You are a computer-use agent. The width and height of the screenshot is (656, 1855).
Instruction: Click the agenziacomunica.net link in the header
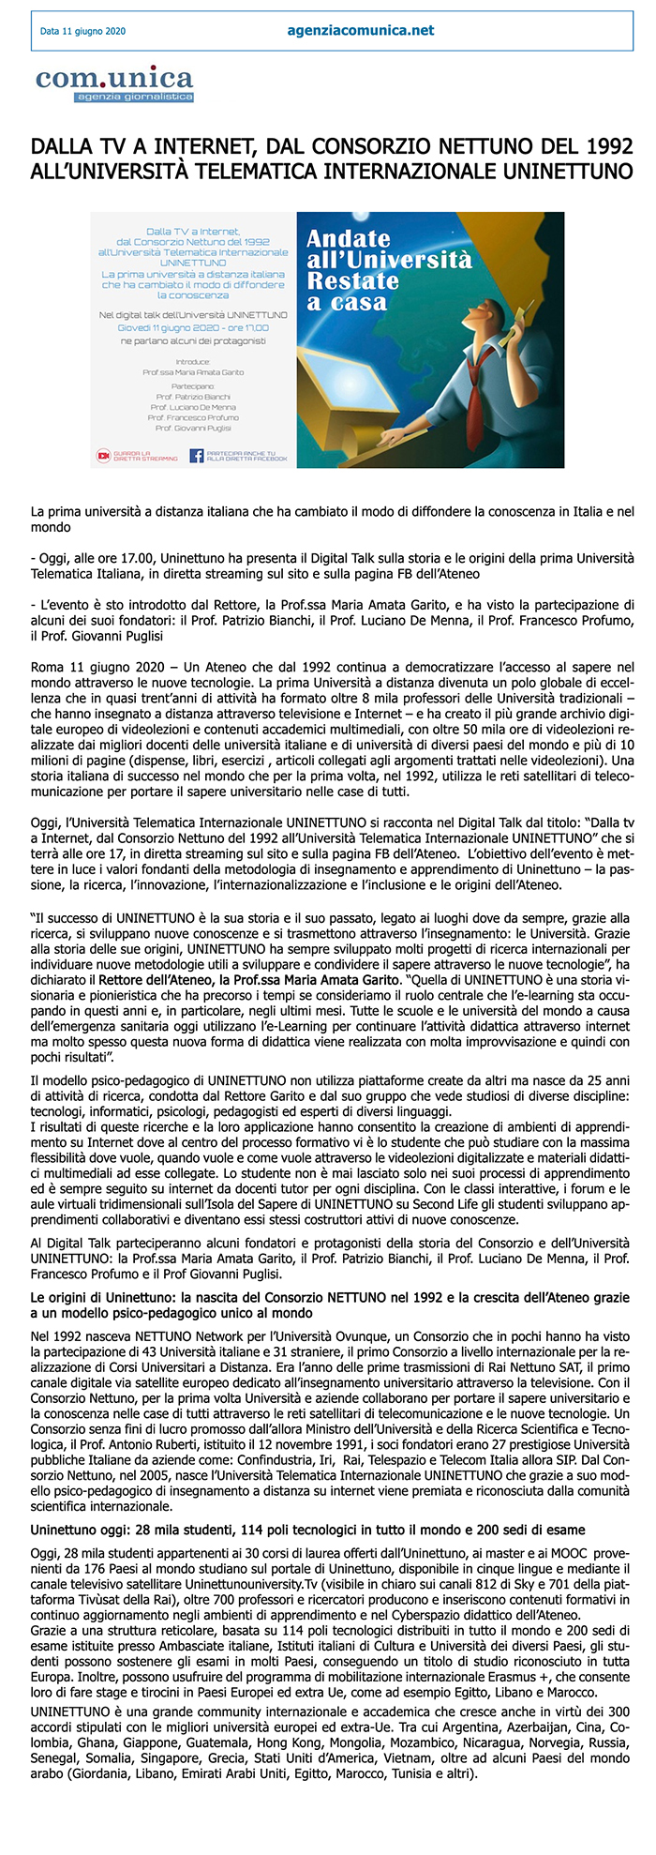361,30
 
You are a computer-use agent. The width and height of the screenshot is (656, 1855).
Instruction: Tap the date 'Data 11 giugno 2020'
82,31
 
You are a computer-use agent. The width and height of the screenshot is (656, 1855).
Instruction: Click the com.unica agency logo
114,83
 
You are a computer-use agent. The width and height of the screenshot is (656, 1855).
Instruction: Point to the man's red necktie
477,383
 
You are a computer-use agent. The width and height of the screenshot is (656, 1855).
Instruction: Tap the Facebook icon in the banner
197,456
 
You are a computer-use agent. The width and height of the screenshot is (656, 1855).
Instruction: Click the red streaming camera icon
104,456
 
